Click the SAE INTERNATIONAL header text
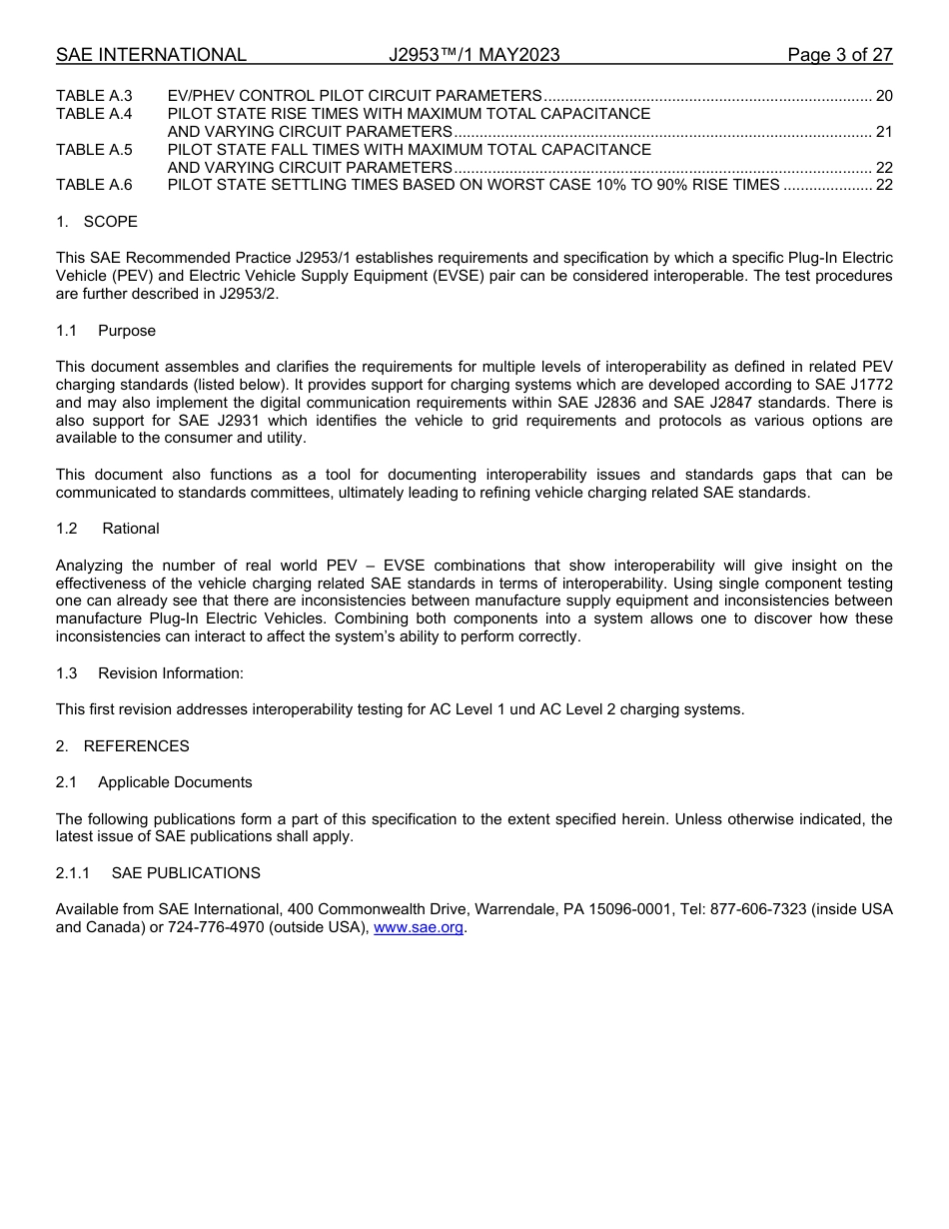[151, 55]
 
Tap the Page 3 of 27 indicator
[839, 55]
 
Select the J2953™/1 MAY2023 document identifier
[474, 55]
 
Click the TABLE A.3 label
[94, 96]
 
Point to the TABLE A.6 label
[94, 185]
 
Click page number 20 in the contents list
[883, 96]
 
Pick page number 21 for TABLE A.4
[883, 132]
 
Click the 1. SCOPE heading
[97, 222]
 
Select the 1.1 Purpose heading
[106, 331]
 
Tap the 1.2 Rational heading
[108, 529]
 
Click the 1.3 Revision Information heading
[150, 673]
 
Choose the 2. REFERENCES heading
[122, 746]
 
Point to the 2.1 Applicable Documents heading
[154, 782]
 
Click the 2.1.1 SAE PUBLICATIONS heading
[158, 873]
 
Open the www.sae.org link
[419, 928]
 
